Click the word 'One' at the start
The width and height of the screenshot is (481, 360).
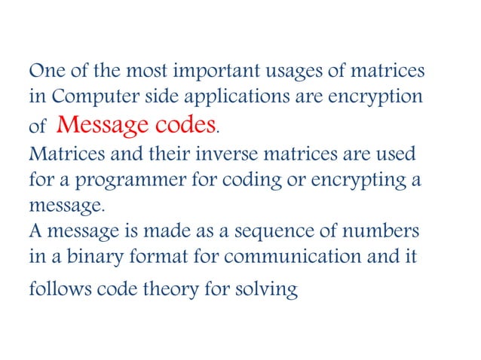click(x=44, y=72)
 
